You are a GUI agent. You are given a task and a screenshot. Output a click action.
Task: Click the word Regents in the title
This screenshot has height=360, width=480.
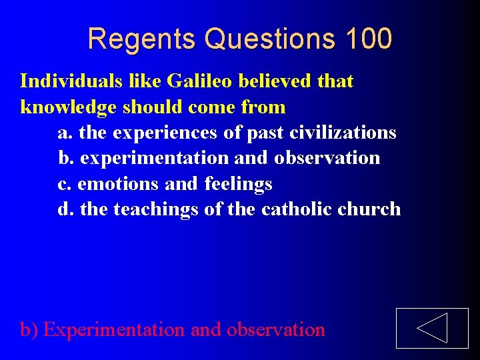pyautogui.click(x=142, y=39)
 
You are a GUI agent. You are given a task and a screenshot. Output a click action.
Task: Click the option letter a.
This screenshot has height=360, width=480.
pyautogui.click(x=65, y=133)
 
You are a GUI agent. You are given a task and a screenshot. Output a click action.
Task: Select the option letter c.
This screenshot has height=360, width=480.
pyautogui.click(x=64, y=184)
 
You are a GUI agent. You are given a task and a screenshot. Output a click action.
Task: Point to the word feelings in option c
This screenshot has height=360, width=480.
pyautogui.click(x=238, y=184)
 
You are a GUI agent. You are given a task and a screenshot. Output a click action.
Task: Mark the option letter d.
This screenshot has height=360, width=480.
pyautogui.click(x=65, y=209)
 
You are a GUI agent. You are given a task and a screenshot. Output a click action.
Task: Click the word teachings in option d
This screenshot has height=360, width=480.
pyautogui.click(x=156, y=210)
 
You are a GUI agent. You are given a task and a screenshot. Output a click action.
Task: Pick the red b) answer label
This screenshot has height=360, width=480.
pyautogui.click(x=29, y=329)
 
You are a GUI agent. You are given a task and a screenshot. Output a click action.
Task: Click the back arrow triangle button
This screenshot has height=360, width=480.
pyautogui.click(x=431, y=328)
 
